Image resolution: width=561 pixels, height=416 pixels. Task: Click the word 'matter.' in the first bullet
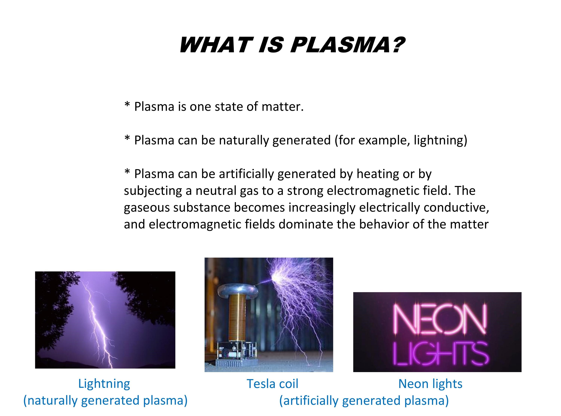click(283, 106)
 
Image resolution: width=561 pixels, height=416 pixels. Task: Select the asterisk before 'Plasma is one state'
click(127, 104)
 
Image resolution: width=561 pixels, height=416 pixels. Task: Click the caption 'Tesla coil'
click(272, 384)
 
